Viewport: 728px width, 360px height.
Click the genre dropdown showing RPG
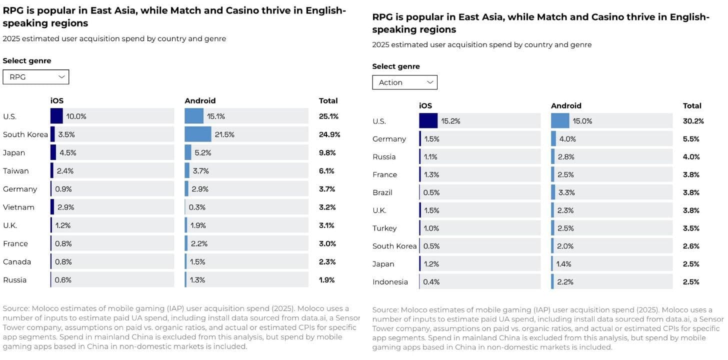pos(36,77)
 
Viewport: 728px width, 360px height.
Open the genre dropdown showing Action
pos(404,82)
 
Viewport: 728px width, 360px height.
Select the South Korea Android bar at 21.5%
pos(198,134)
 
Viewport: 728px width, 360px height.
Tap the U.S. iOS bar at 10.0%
pos(56,116)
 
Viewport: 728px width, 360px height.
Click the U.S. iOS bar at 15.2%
pos(428,121)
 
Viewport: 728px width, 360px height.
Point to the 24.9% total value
pos(329,134)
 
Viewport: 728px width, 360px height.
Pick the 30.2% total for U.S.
pos(693,121)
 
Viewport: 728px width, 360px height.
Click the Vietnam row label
pos(18,207)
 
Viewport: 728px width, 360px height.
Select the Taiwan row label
pos(16,171)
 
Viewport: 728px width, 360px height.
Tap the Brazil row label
pos(382,192)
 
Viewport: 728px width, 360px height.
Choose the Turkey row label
pos(384,228)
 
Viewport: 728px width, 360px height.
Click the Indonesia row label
pos(390,282)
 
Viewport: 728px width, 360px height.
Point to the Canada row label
pos(17,261)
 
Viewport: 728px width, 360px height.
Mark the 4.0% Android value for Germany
pos(567,139)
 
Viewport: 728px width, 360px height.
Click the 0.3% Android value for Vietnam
pos(197,207)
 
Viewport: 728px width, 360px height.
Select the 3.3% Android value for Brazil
pos(566,192)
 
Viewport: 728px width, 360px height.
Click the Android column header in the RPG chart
pos(200,100)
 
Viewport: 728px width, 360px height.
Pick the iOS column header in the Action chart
pos(425,105)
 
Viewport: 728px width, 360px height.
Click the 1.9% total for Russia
pos(326,280)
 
